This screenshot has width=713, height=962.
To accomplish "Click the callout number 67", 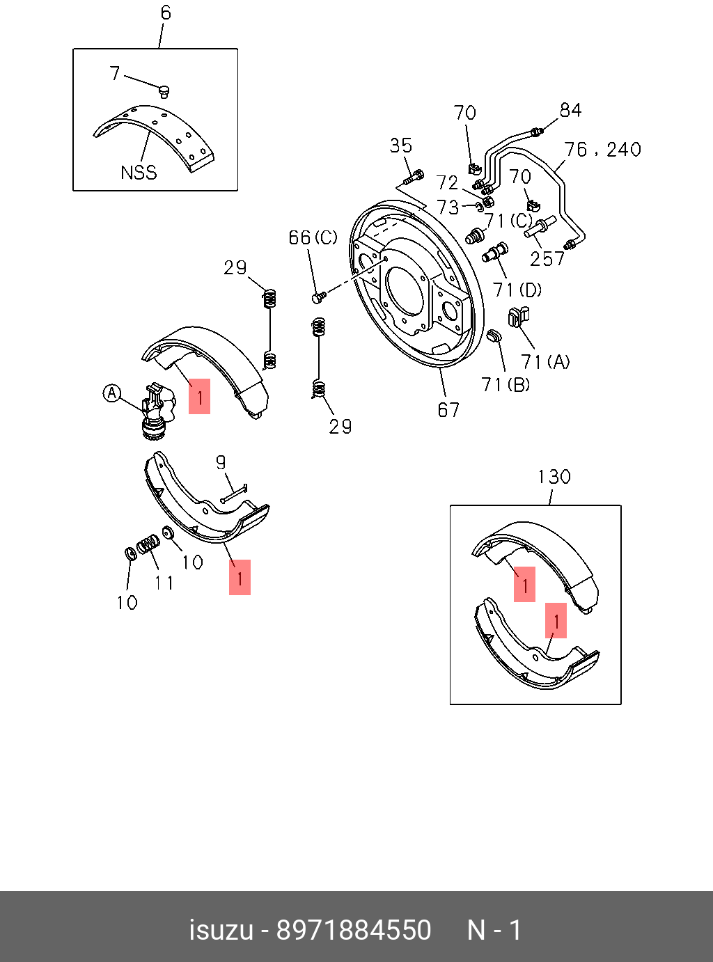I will pyautogui.click(x=448, y=410).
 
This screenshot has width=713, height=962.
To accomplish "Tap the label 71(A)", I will pyautogui.click(x=545, y=361).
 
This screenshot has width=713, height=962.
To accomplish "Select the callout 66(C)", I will pyautogui.click(x=313, y=238).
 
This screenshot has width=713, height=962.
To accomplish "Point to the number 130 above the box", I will pyautogui.click(x=554, y=477).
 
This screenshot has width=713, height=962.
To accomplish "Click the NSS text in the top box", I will pyautogui.click(x=139, y=173).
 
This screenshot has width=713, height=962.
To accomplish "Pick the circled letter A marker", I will pyautogui.click(x=111, y=393).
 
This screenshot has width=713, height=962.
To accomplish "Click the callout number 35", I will pyautogui.click(x=400, y=145).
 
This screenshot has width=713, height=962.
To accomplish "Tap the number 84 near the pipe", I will pyautogui.click(x=570, y=110).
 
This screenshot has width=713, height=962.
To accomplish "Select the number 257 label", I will pyautogui.click(x=547, y=259).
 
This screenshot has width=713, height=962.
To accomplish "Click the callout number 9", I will pyautogui.click(x=221, y=462).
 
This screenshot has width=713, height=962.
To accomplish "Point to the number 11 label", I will pyautogui.click(x=164, y=582).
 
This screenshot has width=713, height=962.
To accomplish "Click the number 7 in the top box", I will pyautogui.click(x=115, y=73).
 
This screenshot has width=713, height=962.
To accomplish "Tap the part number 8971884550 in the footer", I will pyautogui.click(x=354, y=930).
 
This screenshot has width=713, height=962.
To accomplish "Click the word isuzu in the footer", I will pyautogui.click(x=221, y=930).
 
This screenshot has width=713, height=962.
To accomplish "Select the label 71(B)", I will pyautogui.click(x=506, y=384).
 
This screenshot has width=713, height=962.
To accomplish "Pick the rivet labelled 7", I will pyautogui.click(x=164, y=91).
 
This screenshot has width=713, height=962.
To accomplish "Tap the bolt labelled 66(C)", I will pyautogui.click(x=318, y=297).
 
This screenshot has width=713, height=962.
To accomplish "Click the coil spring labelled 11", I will pyautogui.click(x=148, y=544).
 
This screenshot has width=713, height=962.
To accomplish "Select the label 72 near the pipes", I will pyautogui.click(x=447, y=182).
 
